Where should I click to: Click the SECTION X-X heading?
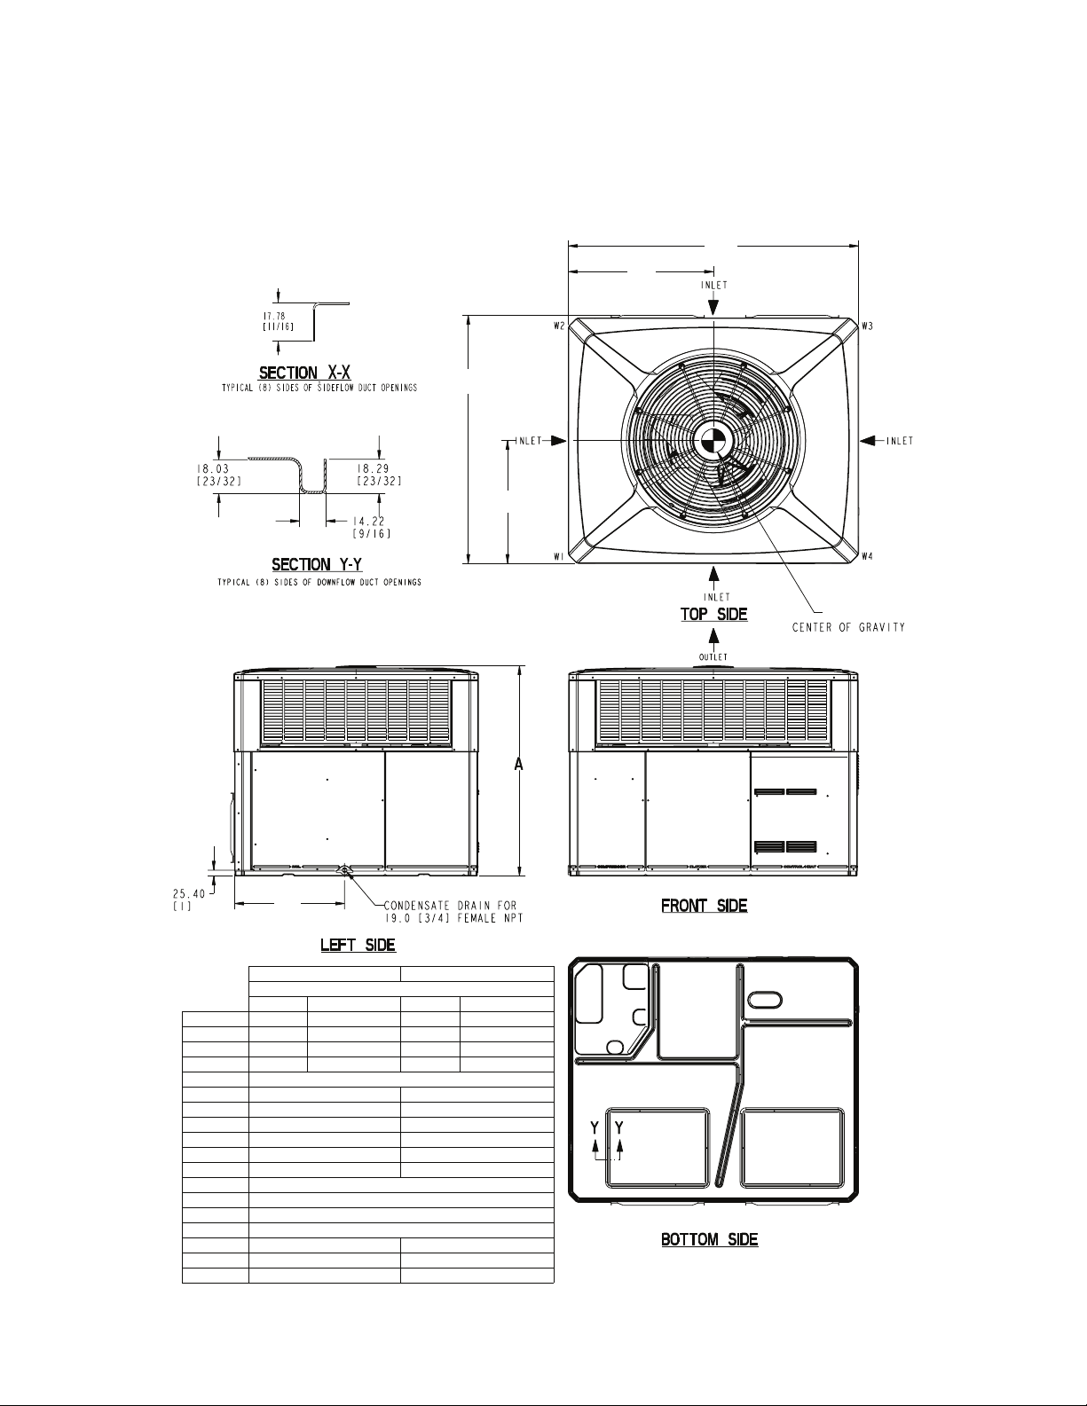(x=304, y=373)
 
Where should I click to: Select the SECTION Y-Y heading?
(x=317, y=564)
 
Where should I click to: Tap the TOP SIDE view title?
(x=713, y=614)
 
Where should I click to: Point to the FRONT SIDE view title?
(x=704, y=905)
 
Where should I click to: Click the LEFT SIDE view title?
(x=358, y=945)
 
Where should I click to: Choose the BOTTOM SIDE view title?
(x=709, y=1239)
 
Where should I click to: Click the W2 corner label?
(x=559, y=326)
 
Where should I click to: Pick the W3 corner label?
(x=867, y=326)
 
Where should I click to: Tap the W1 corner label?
(x=559, y=556)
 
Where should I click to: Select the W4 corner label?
(x=867, y=556)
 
